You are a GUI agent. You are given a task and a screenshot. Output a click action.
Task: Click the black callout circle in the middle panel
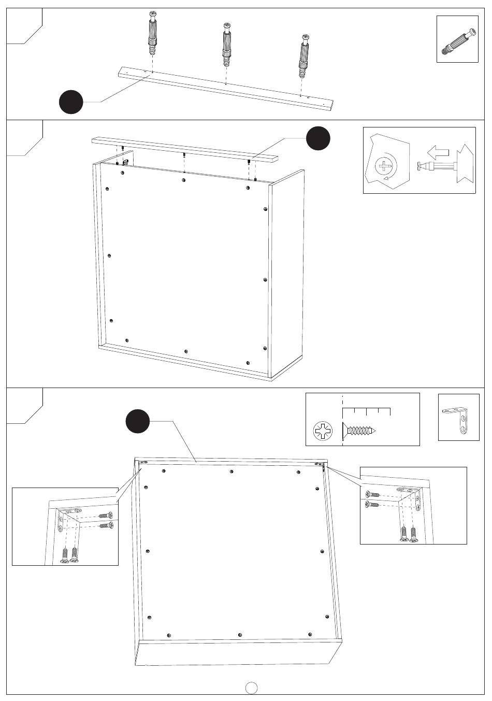[x=318, y=138]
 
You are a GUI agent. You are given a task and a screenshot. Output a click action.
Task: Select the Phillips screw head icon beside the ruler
[x=323, y=431]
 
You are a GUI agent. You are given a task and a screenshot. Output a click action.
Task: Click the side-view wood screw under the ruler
[x=360, y=431]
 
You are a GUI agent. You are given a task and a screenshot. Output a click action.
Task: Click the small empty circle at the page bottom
[x=252, y=687]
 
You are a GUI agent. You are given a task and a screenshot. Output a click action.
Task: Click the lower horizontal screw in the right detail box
[x=372, y=504]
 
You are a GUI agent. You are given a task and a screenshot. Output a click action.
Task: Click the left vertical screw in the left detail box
[x=65, y=555]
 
